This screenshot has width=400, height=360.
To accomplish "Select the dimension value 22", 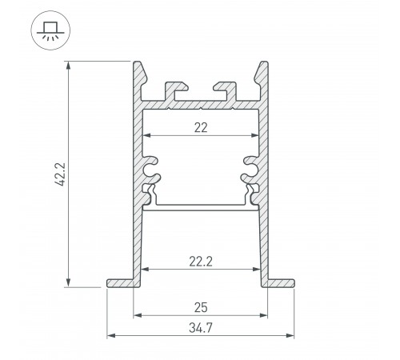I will tap(200, 126).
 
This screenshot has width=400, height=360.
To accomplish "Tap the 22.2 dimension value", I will tap(201, 259).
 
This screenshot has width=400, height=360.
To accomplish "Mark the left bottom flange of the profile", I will tap(120, 282).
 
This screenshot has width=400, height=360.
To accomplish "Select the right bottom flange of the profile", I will tap(281, 282).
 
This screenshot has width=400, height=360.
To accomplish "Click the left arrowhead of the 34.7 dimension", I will tap(110, 335).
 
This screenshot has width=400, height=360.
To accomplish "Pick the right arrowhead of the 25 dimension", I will tap(264, 316).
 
